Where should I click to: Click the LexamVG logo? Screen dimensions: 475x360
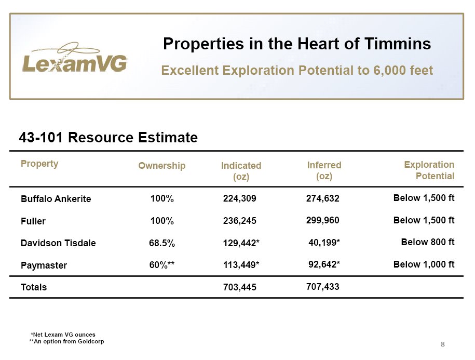click(75, 58)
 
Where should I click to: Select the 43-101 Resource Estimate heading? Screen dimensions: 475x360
click(108, 137)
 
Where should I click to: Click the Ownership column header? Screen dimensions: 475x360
click(162, 165)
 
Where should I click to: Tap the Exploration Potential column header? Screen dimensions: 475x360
click(429, 170)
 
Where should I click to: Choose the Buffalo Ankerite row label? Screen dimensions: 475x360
click(56, 199)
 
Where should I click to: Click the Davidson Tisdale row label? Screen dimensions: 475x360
click(58, 243)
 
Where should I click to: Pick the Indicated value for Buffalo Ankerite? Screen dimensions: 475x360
click(240, 198)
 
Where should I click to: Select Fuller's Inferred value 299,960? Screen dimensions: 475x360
click(322, 220)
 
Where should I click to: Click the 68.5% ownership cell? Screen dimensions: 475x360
click(162, 243)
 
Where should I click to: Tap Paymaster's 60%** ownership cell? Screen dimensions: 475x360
click(162, 265)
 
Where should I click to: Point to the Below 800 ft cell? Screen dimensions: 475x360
click(428, 242)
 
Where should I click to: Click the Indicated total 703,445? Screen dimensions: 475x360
click(240, 287)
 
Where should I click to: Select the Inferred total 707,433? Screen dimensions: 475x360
click(322, 286)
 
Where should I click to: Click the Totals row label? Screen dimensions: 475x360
click(34, 287)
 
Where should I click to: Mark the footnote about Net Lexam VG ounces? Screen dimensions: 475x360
click(63, 335)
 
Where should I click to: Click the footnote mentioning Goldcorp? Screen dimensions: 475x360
click(66, 341)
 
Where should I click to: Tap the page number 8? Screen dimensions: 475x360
click(443, 344)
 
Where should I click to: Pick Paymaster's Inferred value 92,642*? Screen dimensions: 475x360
click(324, 264)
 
